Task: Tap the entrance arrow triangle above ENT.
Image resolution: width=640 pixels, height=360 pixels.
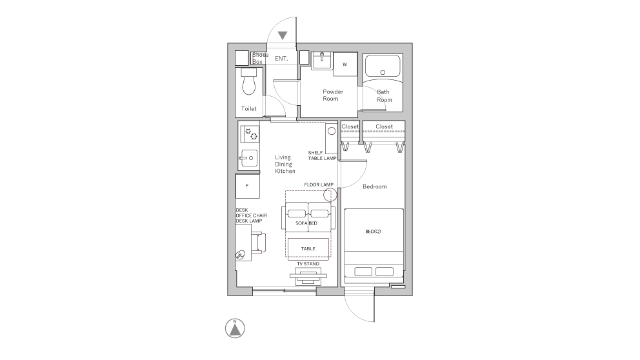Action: (x=283, y=35)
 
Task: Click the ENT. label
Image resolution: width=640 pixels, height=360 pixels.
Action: (x=281, y=59)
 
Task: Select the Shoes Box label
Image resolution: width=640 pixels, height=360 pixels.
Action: (x=260, y=58)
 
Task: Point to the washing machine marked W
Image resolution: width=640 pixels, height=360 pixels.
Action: (x=345, y=65)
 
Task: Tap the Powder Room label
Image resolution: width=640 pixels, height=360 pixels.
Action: (x=332, y=95)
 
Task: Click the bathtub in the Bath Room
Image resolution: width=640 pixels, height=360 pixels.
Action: (x=383, y=66)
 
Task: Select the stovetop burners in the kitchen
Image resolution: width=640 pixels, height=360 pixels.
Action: (x=249, y=135)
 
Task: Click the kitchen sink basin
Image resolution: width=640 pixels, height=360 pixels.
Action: (x=249, y=158)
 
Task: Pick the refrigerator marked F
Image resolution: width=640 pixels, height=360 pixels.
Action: (x=248, y=186)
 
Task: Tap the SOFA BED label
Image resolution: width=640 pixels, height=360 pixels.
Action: (x=306, y=223)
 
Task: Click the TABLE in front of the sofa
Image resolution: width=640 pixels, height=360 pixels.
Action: (x=307, y=248)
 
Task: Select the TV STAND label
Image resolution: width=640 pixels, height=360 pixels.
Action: (x=308, y=264)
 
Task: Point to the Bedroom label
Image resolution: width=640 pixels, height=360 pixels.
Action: (x=374, y=186)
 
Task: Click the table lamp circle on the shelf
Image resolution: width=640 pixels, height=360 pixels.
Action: (x=331, y=131)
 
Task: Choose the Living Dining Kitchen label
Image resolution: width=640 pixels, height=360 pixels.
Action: (x=285, y=165)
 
